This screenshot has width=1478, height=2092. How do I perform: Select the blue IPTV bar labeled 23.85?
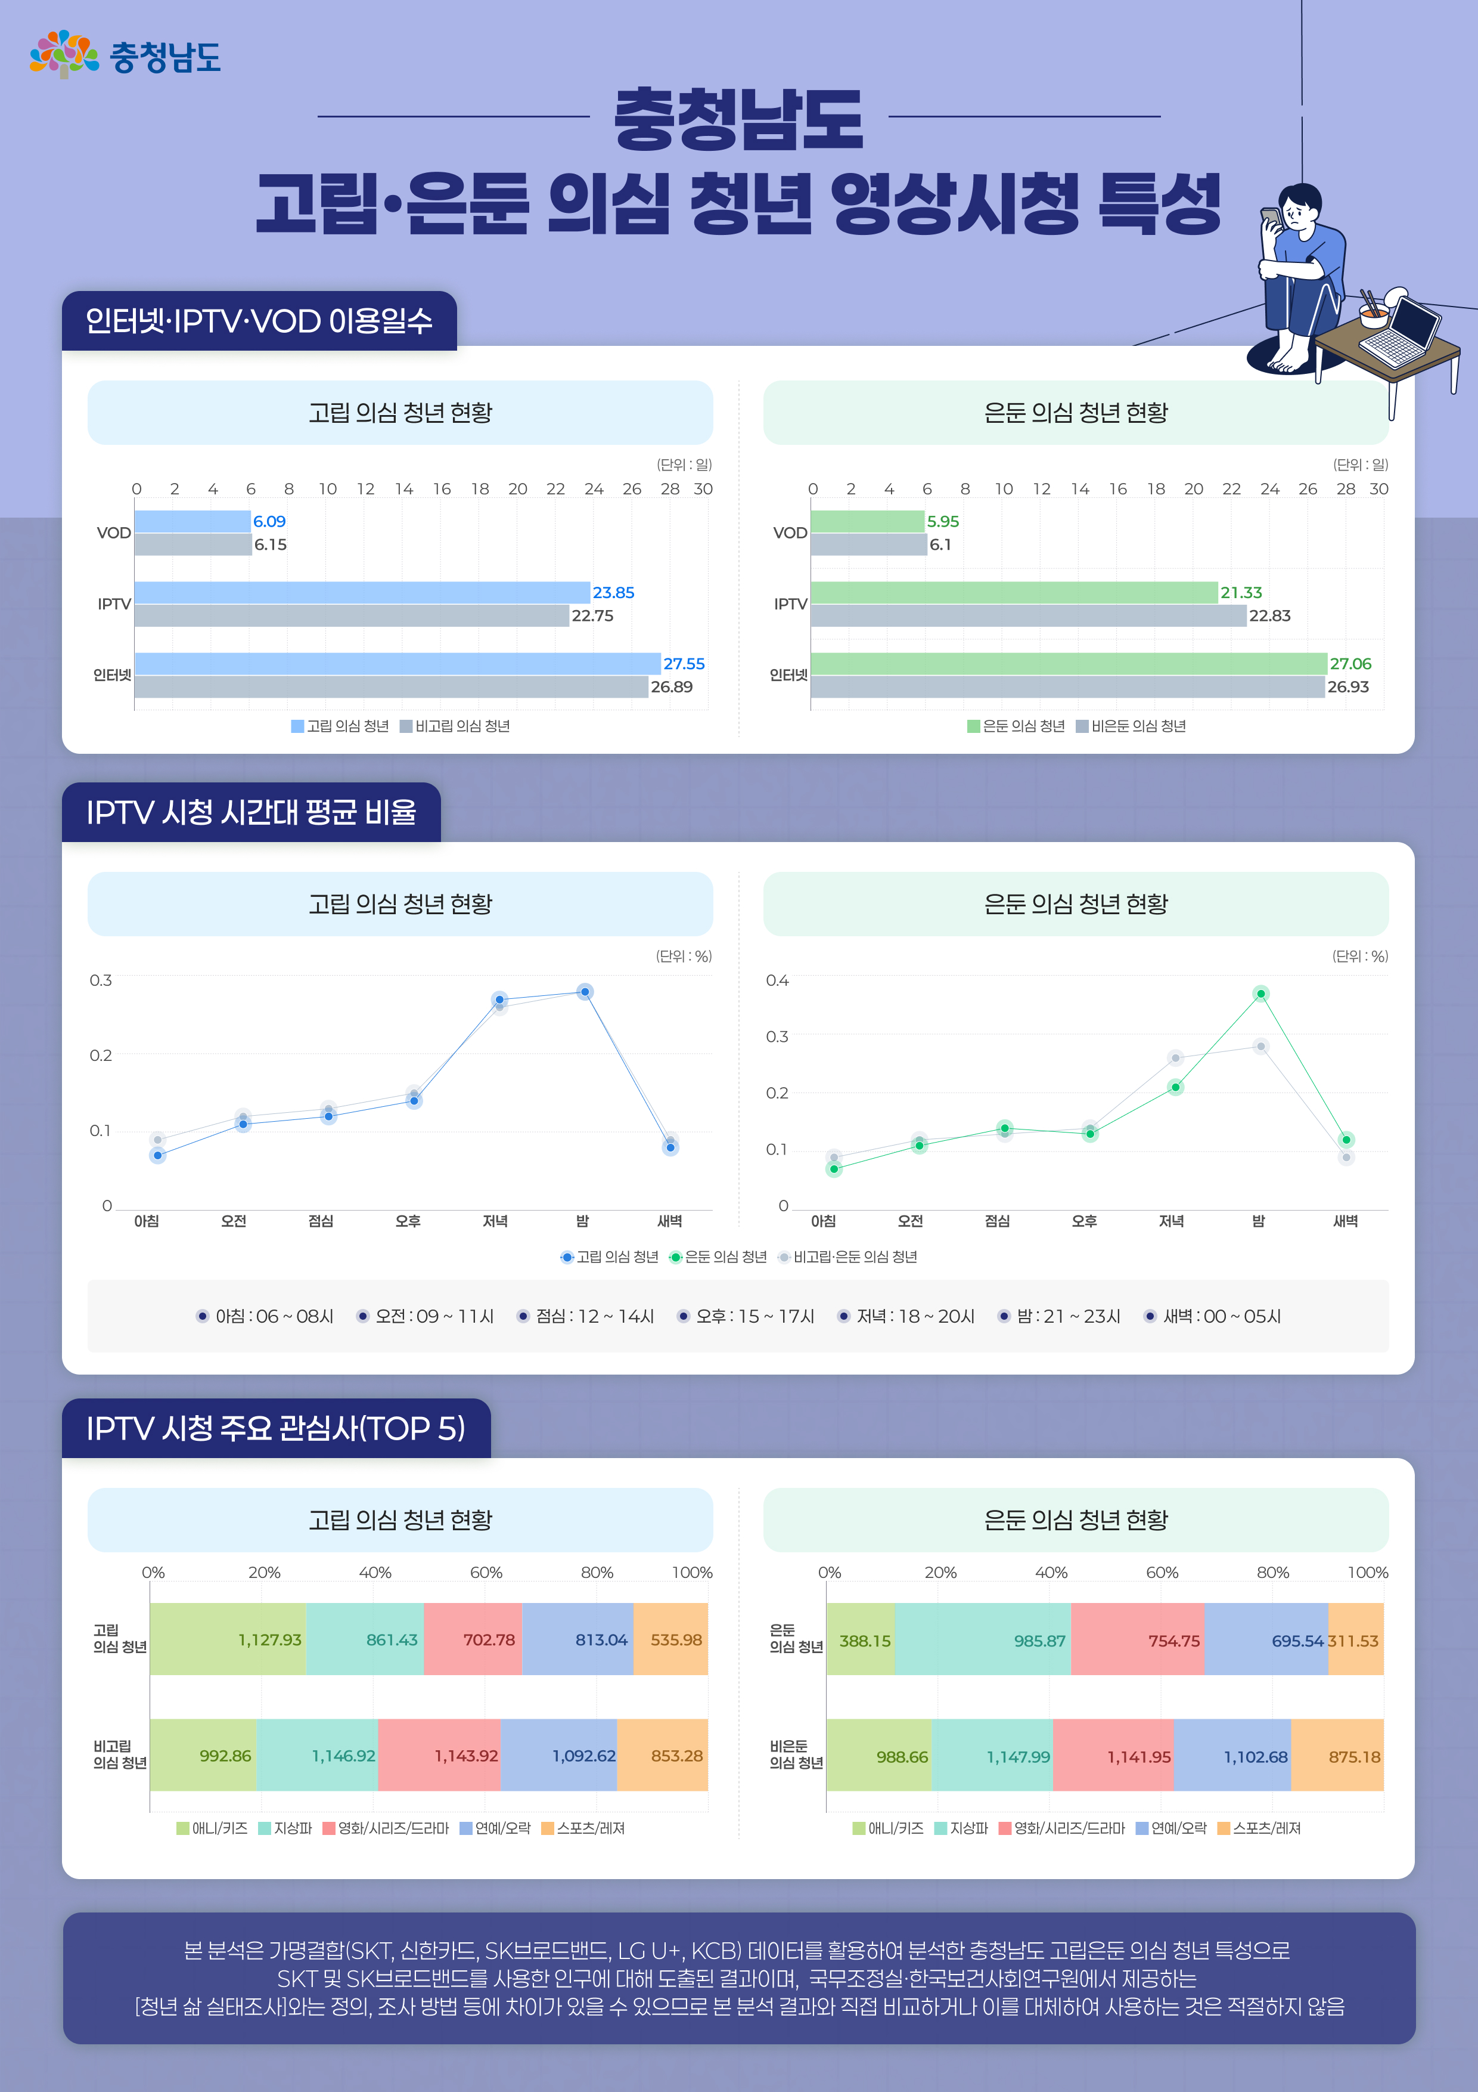click(x=362, y=592)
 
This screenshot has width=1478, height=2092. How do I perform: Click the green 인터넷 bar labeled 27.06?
click(x=1067, y=663)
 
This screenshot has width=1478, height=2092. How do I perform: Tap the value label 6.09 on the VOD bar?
click(x=269, y=521)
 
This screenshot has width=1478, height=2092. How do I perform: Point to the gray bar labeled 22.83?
click(x=1027, y=616)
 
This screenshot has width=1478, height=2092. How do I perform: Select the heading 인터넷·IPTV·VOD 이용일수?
click(x=259, y=321)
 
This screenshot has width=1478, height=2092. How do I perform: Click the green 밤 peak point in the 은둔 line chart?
click(x=1260, y=993)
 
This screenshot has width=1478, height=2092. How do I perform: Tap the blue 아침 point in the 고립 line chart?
click(x=157, y=1155)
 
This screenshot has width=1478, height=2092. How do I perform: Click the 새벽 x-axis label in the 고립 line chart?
click(x=669, y=1221)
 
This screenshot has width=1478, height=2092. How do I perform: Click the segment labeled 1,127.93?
click(x=228, y=1639)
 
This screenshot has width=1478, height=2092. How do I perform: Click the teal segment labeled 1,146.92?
click(x=317, y=1755)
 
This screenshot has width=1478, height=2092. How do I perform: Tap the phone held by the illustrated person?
click(x=1269, y=219)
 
